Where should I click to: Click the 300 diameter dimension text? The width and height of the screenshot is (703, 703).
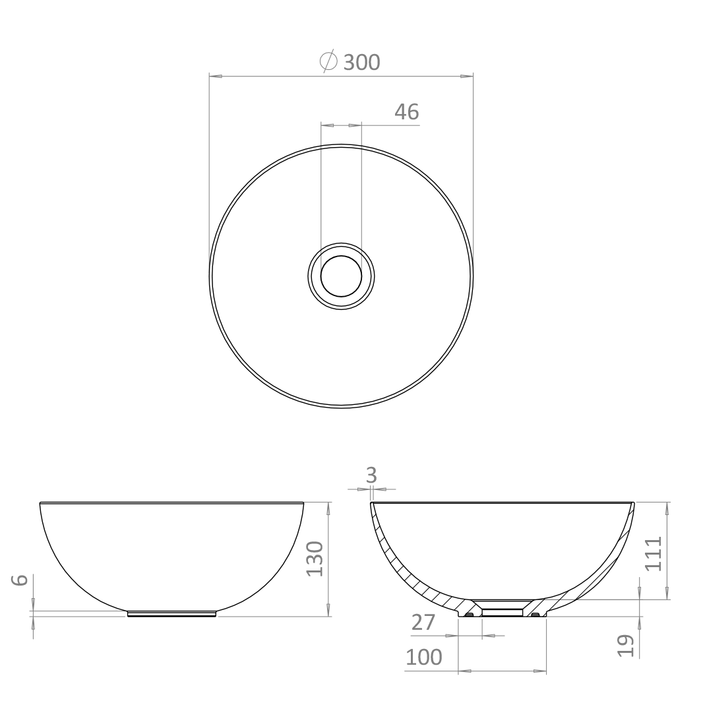(x=361, y=62)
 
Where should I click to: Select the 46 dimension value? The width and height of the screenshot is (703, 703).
(x=406, y=112)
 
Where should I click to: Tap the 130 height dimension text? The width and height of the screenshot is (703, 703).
(x=315, y=559)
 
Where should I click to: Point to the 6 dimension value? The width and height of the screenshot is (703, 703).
(x=21, y=580)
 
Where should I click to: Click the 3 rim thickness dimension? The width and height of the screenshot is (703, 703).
(x=371, y=475)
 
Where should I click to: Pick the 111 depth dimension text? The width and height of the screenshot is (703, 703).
(x=653, y=553)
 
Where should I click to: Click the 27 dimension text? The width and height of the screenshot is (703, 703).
(x=423, y=623)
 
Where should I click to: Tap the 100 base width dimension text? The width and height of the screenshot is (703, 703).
(x=423, y=657)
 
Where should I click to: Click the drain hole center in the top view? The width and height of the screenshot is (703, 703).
(x=341, y=276)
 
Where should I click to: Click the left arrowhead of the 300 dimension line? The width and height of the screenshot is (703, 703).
(x=215, y=76)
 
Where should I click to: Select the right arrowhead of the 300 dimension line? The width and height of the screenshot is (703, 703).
(x=467, y=76)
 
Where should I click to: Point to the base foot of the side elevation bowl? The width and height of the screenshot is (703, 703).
(x=171, y=614)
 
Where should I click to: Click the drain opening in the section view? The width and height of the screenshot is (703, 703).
(x=503, y=612)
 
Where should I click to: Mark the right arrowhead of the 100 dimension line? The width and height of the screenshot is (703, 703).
(x=541, y=671)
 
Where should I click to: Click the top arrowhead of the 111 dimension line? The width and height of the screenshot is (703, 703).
(x=668, y=508)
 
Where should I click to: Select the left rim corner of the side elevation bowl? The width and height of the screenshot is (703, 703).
(x=41, y=504)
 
